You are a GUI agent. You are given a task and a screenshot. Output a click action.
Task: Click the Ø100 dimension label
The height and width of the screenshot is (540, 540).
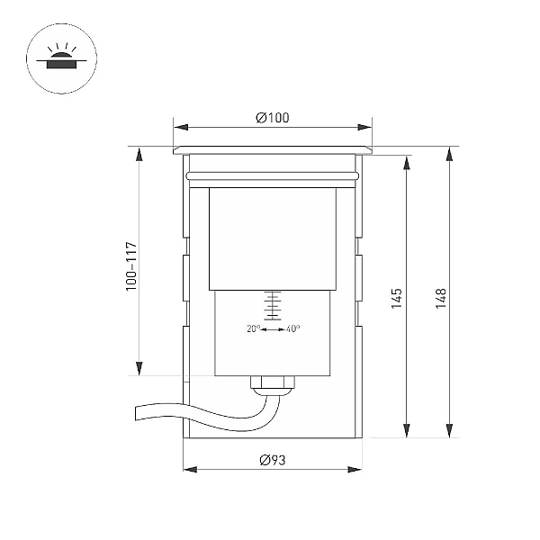point(273,118)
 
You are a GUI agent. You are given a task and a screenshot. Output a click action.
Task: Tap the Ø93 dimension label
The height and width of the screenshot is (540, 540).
point(273,460)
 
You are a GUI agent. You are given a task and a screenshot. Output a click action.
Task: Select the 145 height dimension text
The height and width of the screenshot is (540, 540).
point(397,299)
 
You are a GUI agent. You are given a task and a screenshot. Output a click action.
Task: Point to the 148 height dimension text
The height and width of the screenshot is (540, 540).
point(440,299)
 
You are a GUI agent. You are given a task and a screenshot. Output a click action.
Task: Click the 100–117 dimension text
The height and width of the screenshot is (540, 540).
point(131,266)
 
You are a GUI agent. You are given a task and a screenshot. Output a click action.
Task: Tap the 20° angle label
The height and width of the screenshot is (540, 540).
point(254,328)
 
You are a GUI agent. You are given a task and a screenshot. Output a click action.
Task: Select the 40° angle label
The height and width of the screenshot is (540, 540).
point(293,328)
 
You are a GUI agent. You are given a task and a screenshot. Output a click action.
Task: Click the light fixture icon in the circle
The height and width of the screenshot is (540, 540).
point(61,57)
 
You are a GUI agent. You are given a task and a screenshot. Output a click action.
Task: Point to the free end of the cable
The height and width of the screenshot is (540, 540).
point(136,413)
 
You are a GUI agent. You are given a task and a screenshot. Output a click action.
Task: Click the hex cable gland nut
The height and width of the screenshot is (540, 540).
point(273,382)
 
